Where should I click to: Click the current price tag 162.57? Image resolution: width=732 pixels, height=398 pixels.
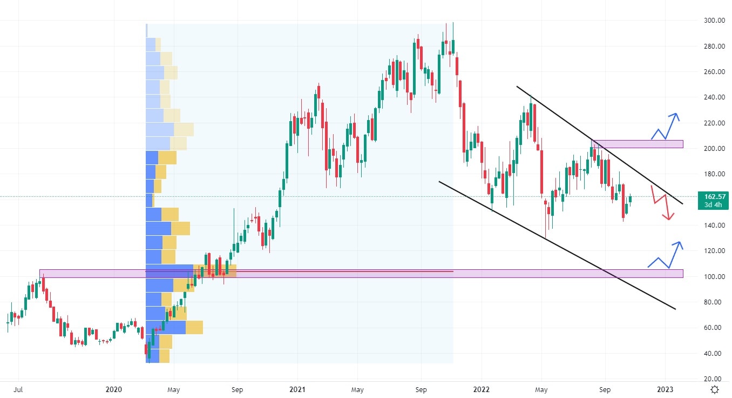713,196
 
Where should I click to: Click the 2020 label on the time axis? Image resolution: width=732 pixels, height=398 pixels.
114,389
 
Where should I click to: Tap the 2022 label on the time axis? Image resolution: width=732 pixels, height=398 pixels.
481,389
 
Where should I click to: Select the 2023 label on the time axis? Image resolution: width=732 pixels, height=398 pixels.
665,389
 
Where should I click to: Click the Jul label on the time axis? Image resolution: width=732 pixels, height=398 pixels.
18,389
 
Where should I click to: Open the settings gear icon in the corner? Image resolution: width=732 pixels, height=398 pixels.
715,389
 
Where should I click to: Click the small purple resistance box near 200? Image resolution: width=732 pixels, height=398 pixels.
637,144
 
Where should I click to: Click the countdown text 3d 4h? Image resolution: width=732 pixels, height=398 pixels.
713,205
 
